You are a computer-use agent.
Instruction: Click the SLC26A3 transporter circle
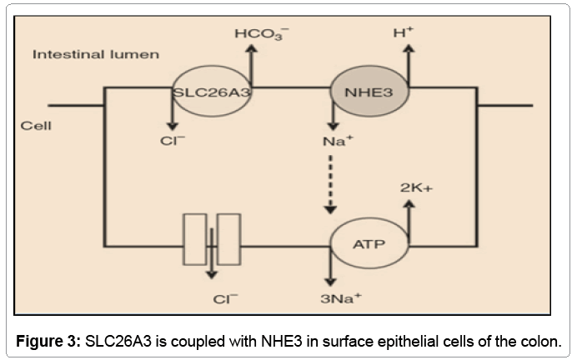point(212,92)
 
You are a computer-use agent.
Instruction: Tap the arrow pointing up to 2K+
point(407,218)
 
